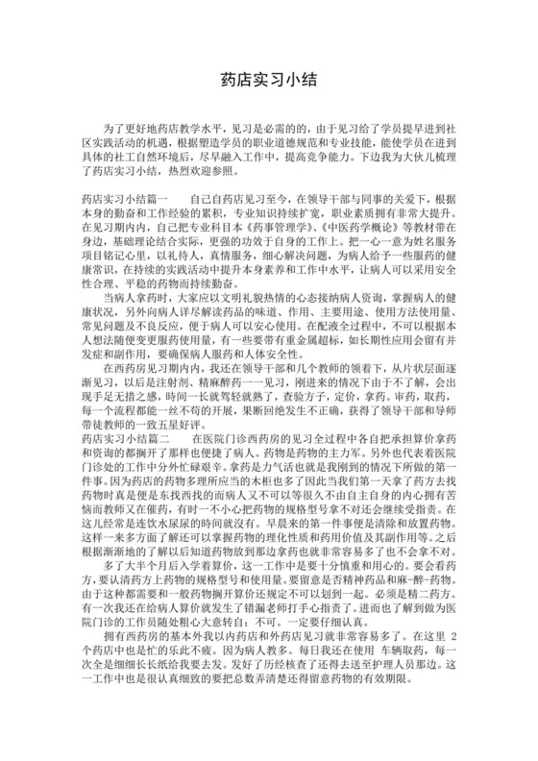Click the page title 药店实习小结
click(x=268, y=81)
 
